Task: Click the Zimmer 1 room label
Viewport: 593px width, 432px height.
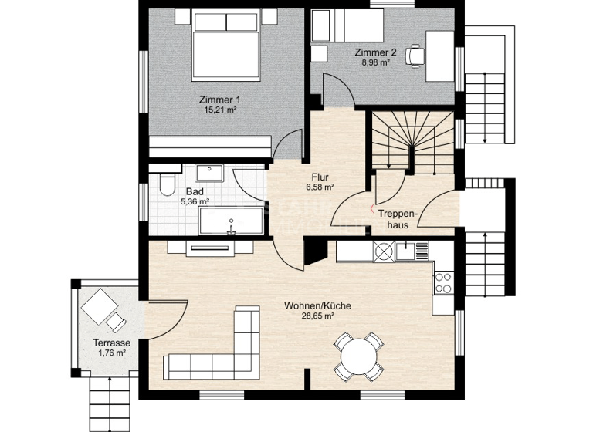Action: point(220,100)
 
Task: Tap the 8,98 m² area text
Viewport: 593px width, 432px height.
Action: point(375,63)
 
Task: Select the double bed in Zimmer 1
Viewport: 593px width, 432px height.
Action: point(225,45)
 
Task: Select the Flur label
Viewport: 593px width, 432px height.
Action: point(320,177)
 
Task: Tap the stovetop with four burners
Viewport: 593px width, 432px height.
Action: point(444,282)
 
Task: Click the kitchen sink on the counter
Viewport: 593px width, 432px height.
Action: point(404,249)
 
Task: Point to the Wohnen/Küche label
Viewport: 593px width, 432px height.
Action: point(317,305)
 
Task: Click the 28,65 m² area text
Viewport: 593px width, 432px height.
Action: point(317,316)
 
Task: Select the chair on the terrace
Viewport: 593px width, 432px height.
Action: point(116,321)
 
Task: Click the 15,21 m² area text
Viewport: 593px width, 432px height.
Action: point(220,110)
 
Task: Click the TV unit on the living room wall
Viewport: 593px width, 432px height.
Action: point(209,248)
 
